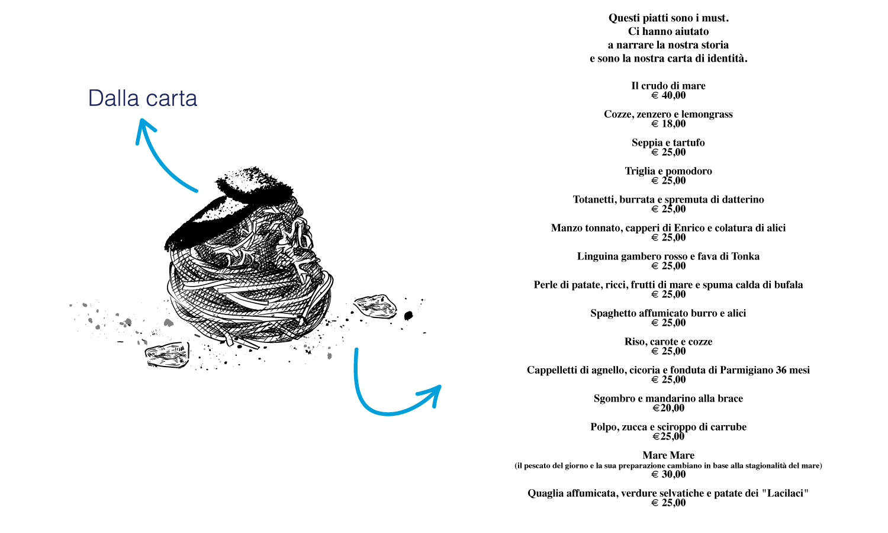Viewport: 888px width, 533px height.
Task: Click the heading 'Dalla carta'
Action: (x=143, y=98)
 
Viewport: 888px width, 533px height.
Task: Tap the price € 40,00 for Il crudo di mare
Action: (x=668, y=95)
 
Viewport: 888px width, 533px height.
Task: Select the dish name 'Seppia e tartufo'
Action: (x=668, y=142)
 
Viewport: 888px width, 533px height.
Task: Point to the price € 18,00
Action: (x=668, y=124)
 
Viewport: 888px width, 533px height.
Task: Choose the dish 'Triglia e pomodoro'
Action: (x=668, y=171)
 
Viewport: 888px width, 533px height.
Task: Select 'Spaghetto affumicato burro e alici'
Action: (x=668, y=313)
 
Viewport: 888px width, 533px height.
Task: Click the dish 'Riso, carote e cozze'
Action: (x=668, y=342)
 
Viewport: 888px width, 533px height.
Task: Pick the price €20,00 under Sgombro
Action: (x=668, y=408)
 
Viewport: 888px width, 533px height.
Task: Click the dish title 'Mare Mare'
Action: (x=668, y=455)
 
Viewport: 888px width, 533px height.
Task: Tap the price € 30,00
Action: (x=668, y=474)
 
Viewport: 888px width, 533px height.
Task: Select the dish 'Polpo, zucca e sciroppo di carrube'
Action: (x=668, y=427)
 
